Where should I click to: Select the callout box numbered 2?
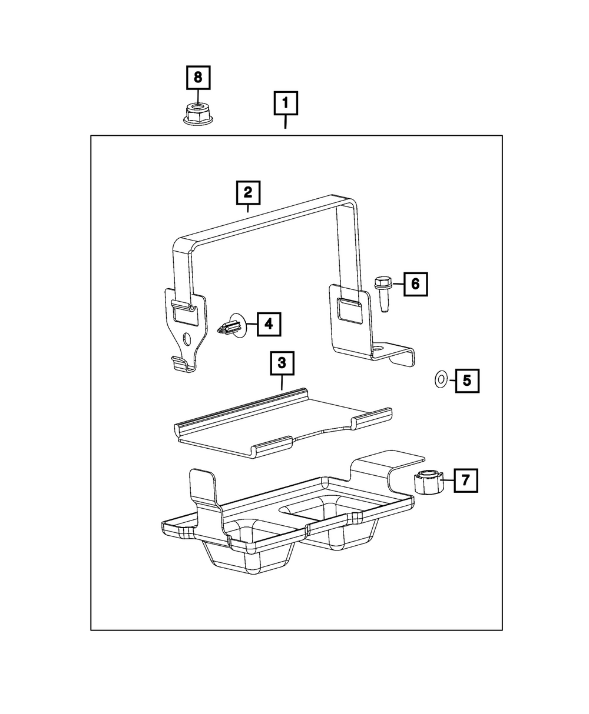click(248, 192)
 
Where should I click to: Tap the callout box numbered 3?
click(282, 363)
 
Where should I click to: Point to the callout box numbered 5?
click(466, 381)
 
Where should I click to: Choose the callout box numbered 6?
click(415, 285)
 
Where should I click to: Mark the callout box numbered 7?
click(465, 481)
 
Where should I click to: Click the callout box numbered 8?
click(198, 77)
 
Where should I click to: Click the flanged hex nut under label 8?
click(197, 113)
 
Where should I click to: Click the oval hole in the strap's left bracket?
click(187, 339)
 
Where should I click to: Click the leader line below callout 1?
click(286, 123)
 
